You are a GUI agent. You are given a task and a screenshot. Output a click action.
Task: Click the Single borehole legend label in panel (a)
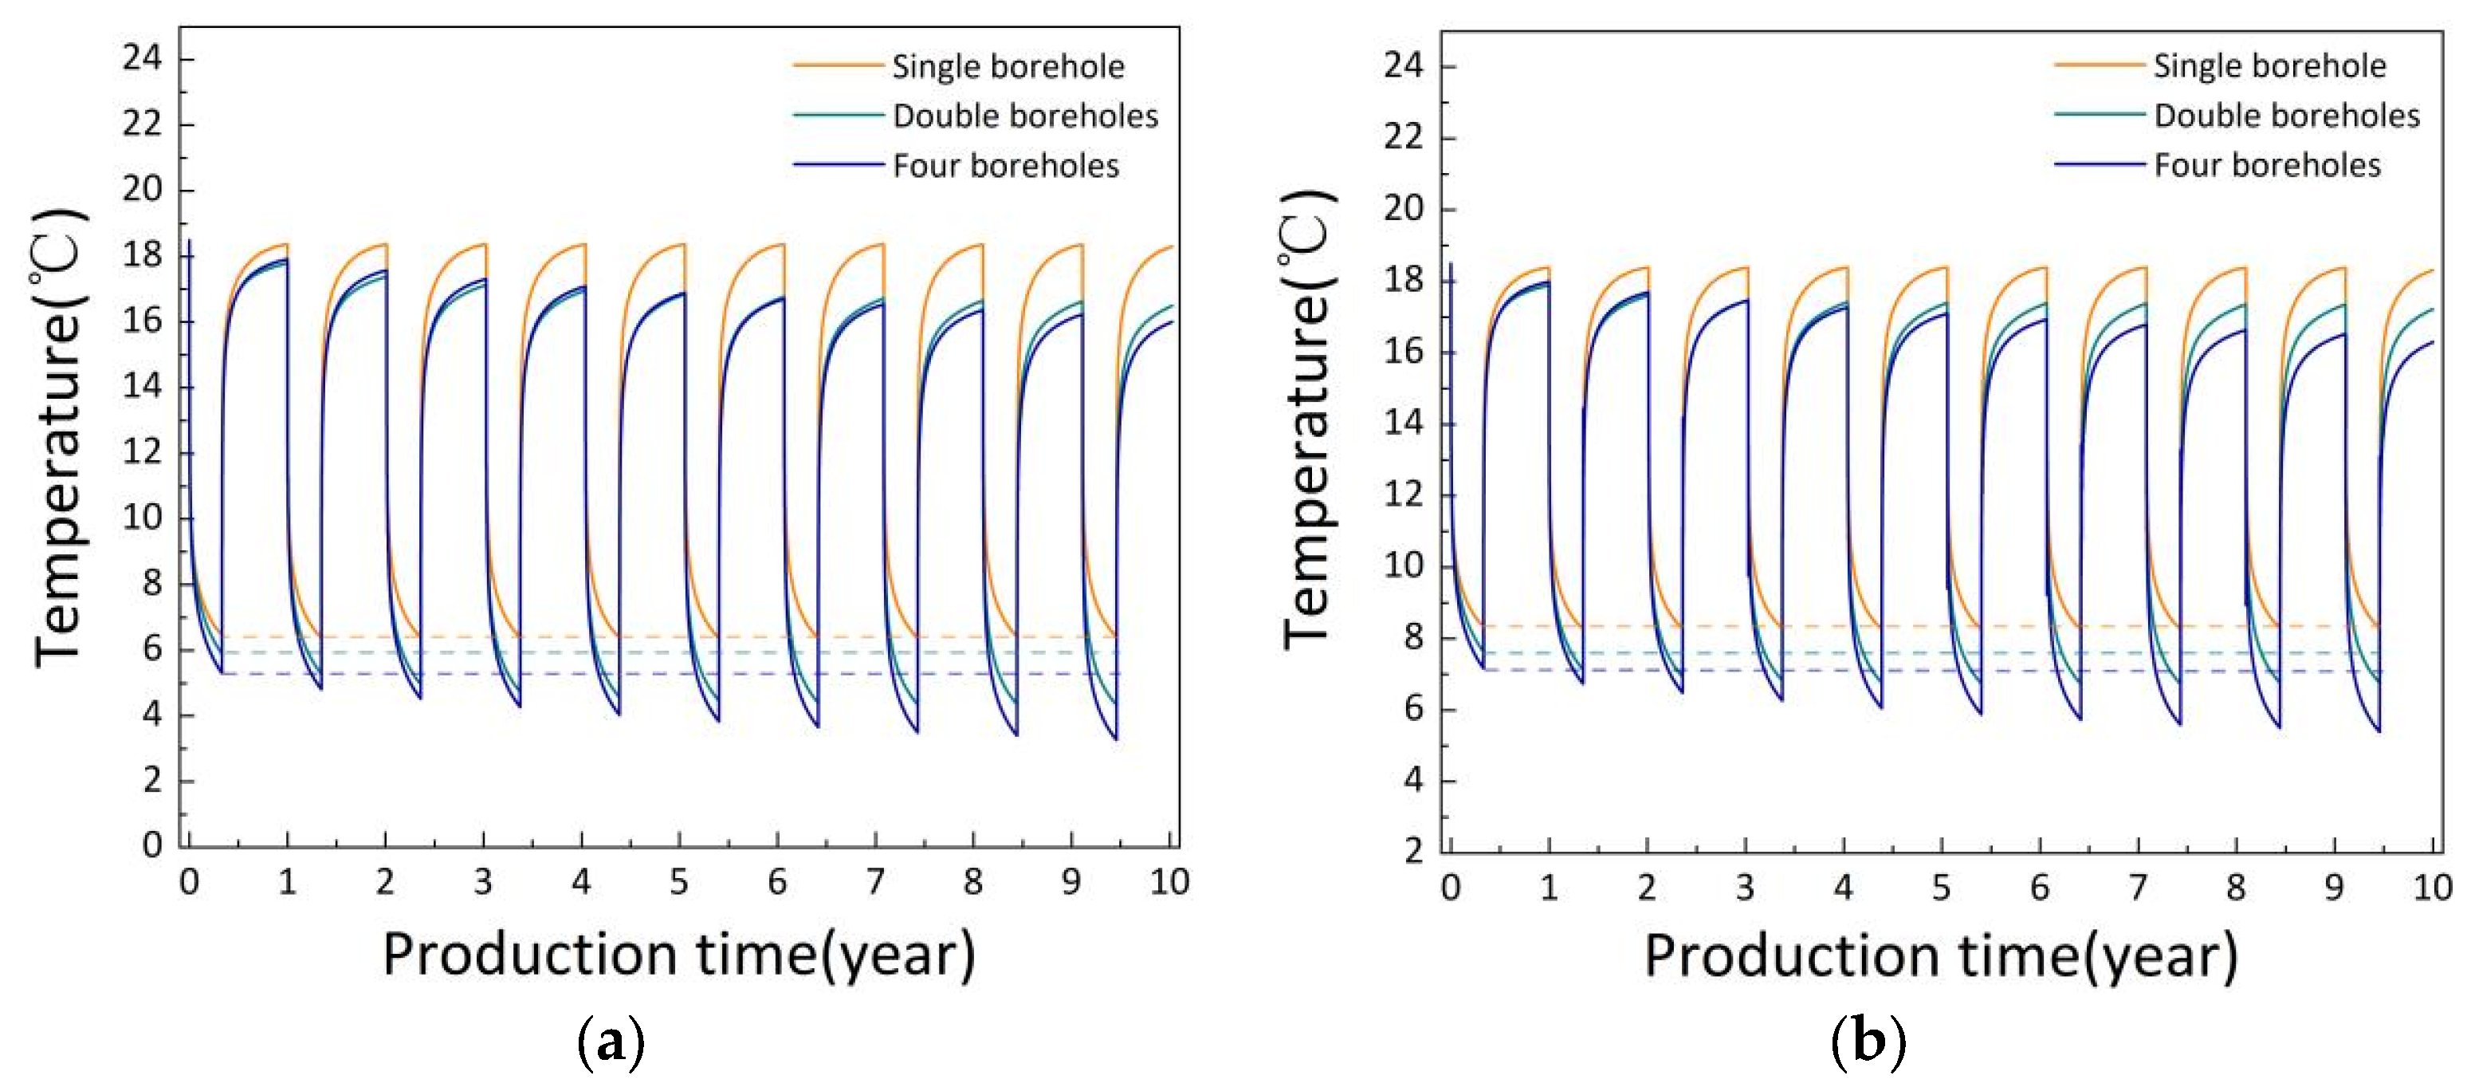click(1008, 66)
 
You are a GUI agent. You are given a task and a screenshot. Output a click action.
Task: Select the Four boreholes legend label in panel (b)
click(2267, 166)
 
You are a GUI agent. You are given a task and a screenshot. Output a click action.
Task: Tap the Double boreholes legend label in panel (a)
click(1025, 116)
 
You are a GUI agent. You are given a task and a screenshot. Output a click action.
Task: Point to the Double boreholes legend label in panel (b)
click(2286, 116)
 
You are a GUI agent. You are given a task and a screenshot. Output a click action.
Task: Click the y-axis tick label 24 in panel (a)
click(142, 58)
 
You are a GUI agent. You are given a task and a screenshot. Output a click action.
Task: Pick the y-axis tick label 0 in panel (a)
click(152, 845)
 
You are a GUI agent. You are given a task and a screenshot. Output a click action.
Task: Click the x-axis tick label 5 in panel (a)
click(679, 882)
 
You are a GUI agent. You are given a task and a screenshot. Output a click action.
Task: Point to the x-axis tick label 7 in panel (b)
click(2138, 888)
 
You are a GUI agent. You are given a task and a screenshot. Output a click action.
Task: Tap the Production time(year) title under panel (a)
click(679, 955)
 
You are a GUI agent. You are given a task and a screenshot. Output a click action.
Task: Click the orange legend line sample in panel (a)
click(836, 65)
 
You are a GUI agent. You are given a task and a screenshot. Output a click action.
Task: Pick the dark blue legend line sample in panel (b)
click(2097, 165)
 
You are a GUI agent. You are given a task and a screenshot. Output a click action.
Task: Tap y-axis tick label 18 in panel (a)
click(142, 256)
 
